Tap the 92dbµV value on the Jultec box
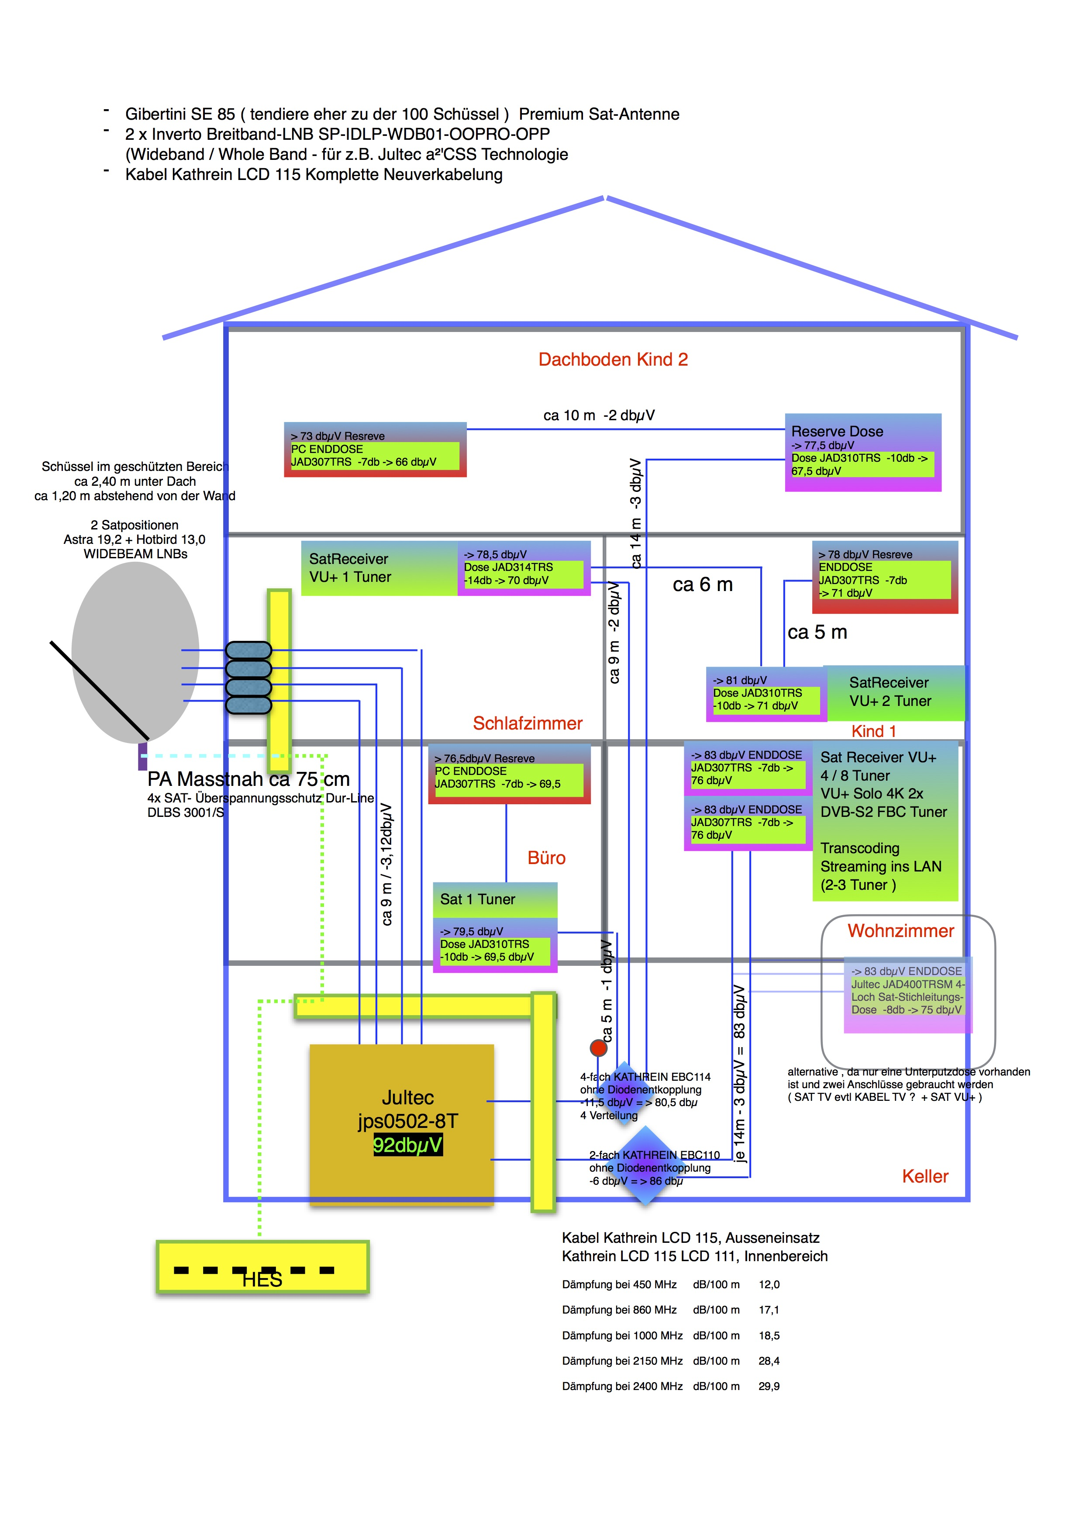tap(407, 1145)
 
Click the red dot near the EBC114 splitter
tap(598, 1048)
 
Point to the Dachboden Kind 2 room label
tap(613, 360)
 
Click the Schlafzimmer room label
tap(528, 723)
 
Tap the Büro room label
tap(546, 858)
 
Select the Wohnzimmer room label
tap(900, 931)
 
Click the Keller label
tap(925, 1176)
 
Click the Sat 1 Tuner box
tap(495, 899)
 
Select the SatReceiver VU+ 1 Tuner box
tap(378, 568)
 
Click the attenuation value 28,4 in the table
tap(769, 1360)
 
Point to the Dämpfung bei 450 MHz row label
tap(619, 1284)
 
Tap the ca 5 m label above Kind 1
tap(817, 633)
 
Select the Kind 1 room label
tap(873, 731)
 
